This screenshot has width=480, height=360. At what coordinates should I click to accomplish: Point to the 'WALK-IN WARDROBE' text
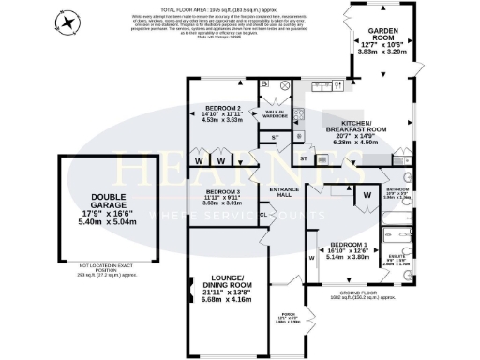pos(276,114)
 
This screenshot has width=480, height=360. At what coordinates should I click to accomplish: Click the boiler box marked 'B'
pos(265,86)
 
